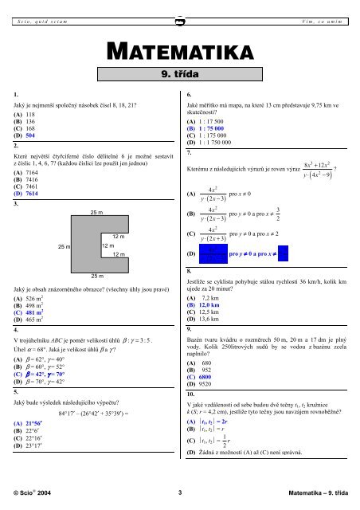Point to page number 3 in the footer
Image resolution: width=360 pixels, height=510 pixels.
(x=180, y=493)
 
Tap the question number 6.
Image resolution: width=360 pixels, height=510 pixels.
(x=189, y=93)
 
